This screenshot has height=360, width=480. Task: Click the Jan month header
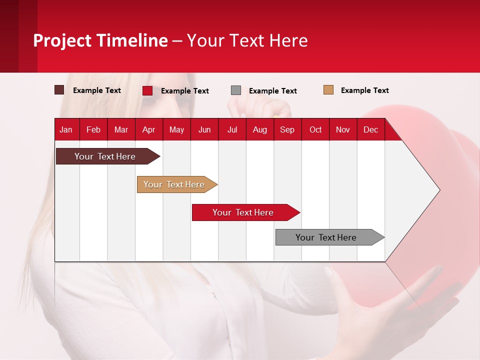[x=66, y=129]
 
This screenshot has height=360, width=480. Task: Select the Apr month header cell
[x=149, y=129]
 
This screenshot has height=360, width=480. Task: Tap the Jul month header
[x=232, y=129]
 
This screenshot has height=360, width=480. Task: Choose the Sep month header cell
[x=287, y=129]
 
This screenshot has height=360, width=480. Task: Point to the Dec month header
[x=370, y=129]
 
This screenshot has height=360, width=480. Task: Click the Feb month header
[x=93, y=129]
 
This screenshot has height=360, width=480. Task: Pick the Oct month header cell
[x=315, y=129]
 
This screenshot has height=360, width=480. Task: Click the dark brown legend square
[x=59, y=90]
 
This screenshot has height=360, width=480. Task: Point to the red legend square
[x=147, y=90]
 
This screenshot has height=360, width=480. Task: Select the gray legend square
[x=236, y=90]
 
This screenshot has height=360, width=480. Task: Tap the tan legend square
[x=328, y=90]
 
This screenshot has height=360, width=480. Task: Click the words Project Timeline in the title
[x=100, y=40]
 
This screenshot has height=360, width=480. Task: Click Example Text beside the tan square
[x=364, y=90]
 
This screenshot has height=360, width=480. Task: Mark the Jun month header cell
[x=204, y=129]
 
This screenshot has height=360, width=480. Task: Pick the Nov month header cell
[x=343, y=129]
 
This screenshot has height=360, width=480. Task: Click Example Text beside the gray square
[x=272, y=91]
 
